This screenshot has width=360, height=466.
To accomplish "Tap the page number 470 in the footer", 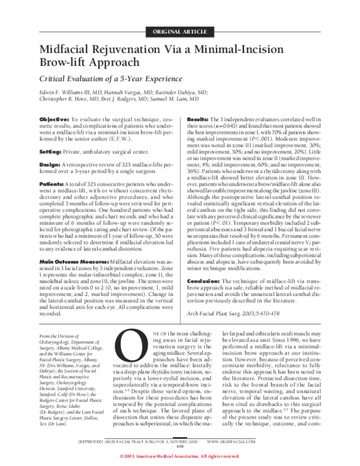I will pyautogui.click(x=180, y=447).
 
